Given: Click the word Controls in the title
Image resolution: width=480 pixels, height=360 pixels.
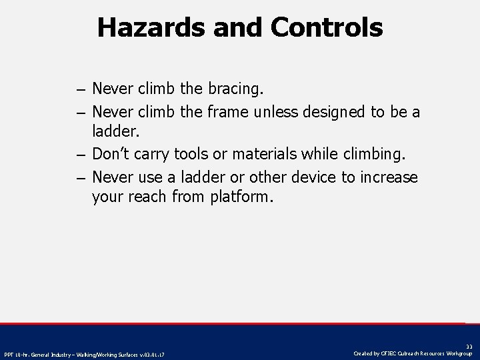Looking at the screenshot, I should pyautogui.click(x=327, y=27).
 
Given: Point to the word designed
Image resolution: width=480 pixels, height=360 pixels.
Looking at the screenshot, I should pyautogui.click(x=334, y=111).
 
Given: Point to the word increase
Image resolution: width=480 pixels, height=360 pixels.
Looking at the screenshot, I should pyautogui.click(x=389, y=177).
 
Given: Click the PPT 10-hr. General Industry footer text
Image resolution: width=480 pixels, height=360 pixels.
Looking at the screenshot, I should pyautogui.click(x=84, y=354).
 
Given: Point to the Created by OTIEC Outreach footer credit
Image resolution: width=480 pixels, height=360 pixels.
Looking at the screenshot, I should pyautogui.click(x=413, y=353).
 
